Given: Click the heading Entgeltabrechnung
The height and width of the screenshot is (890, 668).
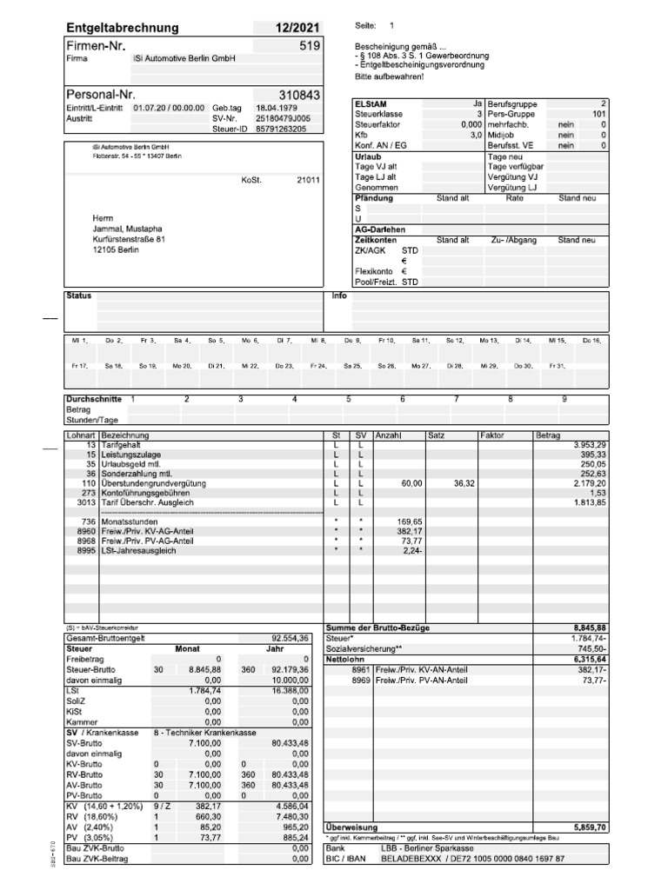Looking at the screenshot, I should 123,28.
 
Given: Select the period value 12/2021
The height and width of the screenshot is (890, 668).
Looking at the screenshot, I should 298,28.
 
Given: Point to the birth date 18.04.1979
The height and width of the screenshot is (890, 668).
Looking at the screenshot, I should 276,107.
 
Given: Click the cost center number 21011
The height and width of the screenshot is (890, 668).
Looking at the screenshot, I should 308,181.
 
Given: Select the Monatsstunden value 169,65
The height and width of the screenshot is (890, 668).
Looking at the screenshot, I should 410,521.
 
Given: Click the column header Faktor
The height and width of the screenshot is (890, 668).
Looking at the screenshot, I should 492,435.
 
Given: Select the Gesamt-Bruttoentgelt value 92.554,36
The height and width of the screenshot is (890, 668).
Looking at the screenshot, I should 291,637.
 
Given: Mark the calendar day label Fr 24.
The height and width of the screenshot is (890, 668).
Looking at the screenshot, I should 317,367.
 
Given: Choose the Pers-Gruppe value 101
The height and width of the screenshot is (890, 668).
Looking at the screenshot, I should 598,114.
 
